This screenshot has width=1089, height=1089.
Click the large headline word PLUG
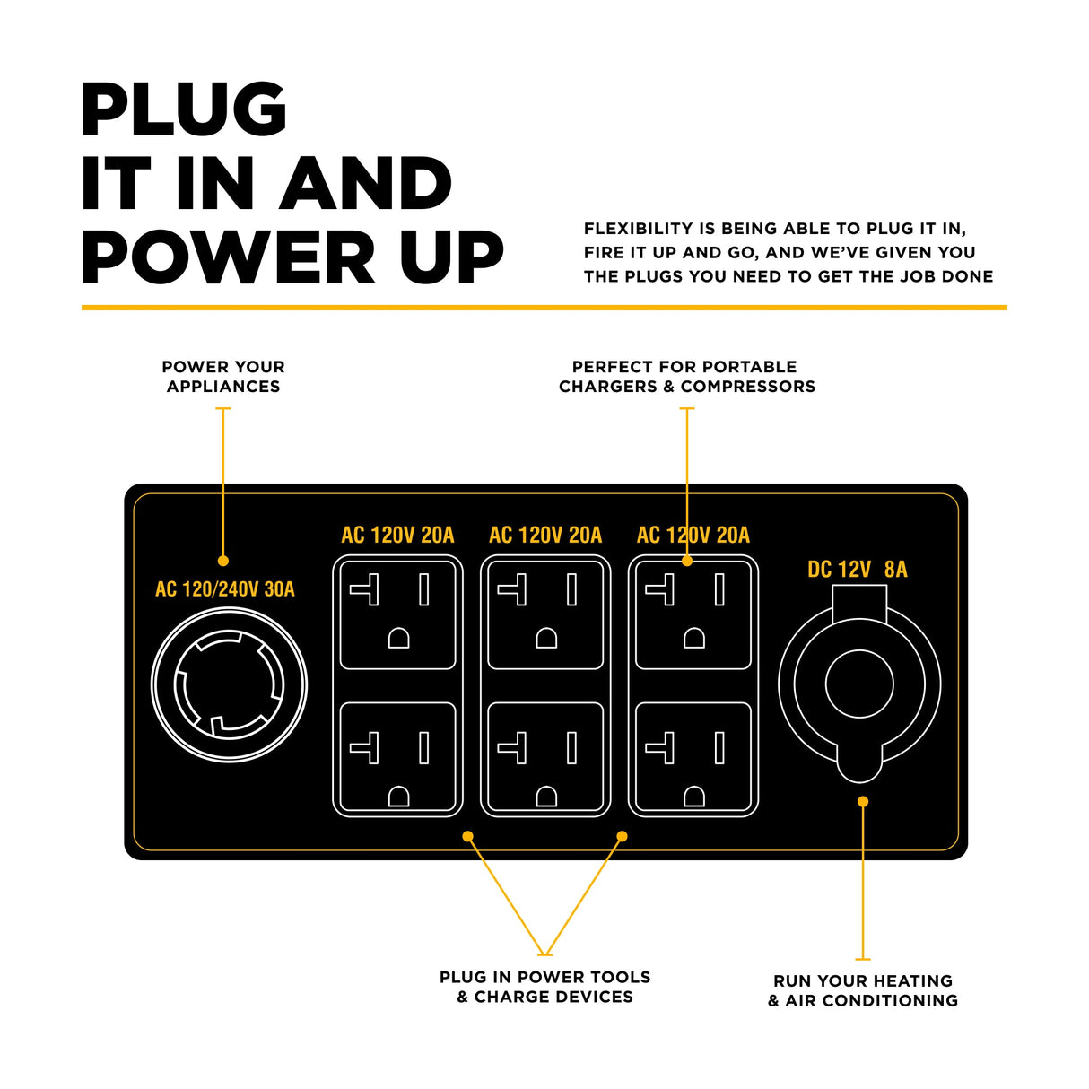point(184,109)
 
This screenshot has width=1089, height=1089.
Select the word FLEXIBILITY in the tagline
point(638,229)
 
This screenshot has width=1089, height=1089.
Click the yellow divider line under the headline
point(544,307)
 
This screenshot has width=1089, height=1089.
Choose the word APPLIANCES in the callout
point(223,387)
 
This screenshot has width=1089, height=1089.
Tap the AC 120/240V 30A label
point(225,588)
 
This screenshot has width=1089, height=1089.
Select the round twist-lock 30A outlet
point(229,684)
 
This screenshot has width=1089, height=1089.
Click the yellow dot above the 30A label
point(223,561)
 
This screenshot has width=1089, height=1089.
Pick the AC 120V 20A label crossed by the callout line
point(693,535)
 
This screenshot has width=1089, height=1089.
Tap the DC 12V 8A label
point(857,569)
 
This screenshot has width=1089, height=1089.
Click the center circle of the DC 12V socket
point(859,684)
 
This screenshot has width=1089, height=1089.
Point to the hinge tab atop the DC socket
point(859,603)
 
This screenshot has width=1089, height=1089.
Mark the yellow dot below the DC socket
point(863,801)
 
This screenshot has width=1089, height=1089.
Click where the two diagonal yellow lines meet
point(544,954)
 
